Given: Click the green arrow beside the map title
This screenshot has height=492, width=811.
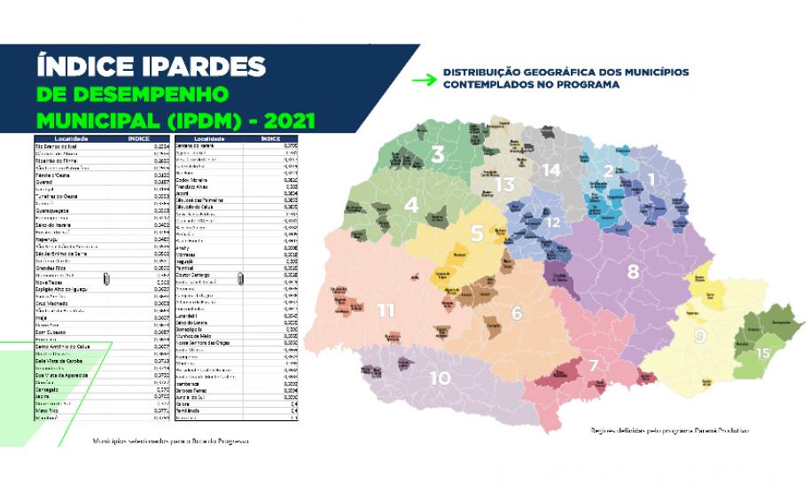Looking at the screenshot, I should pos(425,79).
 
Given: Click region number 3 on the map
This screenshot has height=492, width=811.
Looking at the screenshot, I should pos(438,154).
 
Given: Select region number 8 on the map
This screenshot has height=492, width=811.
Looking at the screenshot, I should pos(633,271).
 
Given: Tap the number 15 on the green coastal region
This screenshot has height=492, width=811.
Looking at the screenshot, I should pos(762,353).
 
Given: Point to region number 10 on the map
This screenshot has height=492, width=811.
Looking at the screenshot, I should pos(440,378).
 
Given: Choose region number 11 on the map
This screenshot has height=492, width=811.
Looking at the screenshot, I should pos(386,310).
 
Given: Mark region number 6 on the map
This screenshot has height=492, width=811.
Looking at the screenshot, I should pos(517,313).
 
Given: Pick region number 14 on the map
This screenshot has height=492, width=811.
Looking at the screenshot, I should pos(551,169).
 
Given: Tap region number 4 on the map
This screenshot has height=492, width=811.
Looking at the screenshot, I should pos(411,205).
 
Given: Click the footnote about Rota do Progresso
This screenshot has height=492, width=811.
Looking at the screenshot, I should pos(170,441).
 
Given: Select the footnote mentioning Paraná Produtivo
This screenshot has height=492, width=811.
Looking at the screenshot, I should pos(669,431).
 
